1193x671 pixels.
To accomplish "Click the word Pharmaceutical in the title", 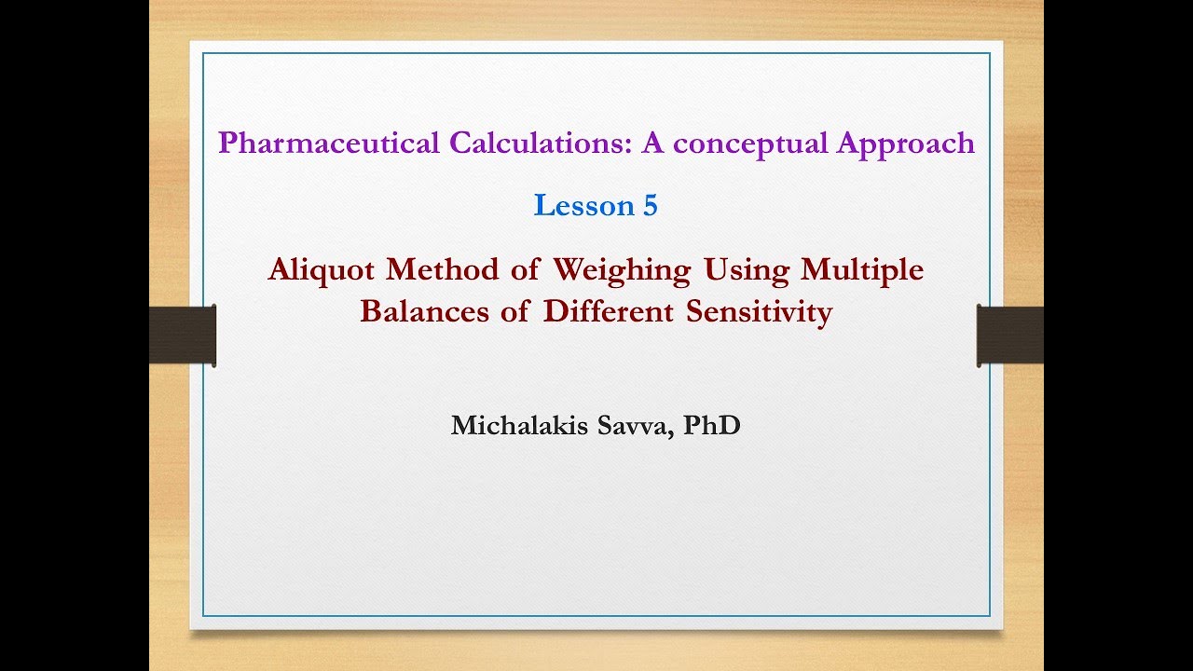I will click(329, 144).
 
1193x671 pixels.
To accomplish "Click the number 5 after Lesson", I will click(651, 206).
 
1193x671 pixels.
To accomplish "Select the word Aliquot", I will click(322, 269).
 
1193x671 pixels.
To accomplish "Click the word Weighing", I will click(622, 270).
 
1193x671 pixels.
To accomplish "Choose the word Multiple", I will click(862, 270).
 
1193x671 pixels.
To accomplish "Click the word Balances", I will click(425, 311).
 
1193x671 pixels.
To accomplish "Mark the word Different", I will click(610, 311).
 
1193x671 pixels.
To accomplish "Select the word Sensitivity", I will click(759, 312).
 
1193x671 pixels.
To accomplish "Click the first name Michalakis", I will click(518, 426).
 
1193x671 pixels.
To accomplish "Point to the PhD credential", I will click(712, 426).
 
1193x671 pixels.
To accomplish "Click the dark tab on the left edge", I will click(183, 335).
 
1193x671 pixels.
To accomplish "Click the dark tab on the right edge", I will click(1009, 335).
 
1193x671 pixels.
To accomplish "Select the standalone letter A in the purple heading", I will click(659, 144).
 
